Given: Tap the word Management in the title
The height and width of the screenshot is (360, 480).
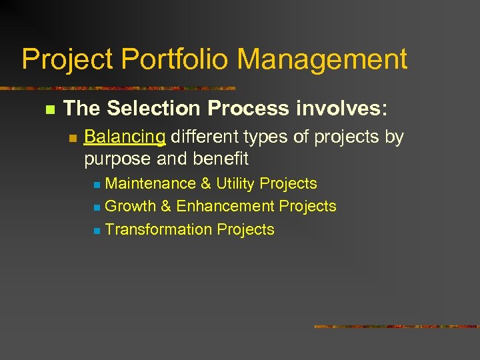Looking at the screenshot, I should point(323,59).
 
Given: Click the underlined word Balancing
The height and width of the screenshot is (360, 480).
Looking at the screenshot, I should point(125,137).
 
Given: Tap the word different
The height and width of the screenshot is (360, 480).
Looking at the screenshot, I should point(205,137).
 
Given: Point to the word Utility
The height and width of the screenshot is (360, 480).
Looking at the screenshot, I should point(235,183).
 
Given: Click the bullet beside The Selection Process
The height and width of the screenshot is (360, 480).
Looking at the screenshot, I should point(48,109).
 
